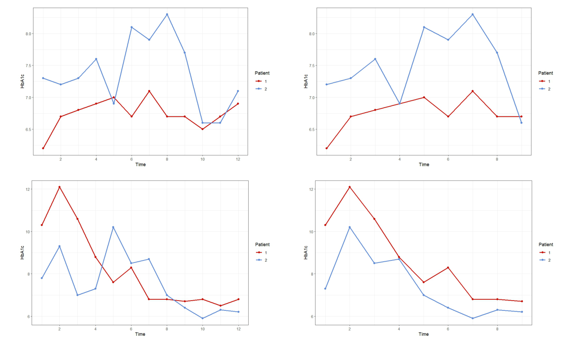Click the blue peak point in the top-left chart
point(167,14)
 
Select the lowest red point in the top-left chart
point(43,148)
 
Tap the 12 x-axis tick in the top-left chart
point(238,159)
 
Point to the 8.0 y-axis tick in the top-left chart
point(28,34)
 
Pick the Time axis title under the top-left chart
point(141,165)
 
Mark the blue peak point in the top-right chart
point(472,14)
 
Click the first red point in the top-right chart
point(327,148)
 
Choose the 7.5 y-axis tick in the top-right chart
point(312,66)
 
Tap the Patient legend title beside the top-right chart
point(545,73)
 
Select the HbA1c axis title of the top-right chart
point(306,81)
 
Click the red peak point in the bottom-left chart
point(59,187)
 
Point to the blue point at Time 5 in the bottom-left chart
point(113,227)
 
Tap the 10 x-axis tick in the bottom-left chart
point(202,329)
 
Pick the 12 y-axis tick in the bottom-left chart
point(28,189)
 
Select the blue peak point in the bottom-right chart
point(349,227)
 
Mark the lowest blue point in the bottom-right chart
point(472,318)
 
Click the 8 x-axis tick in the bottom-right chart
point(497,329)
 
